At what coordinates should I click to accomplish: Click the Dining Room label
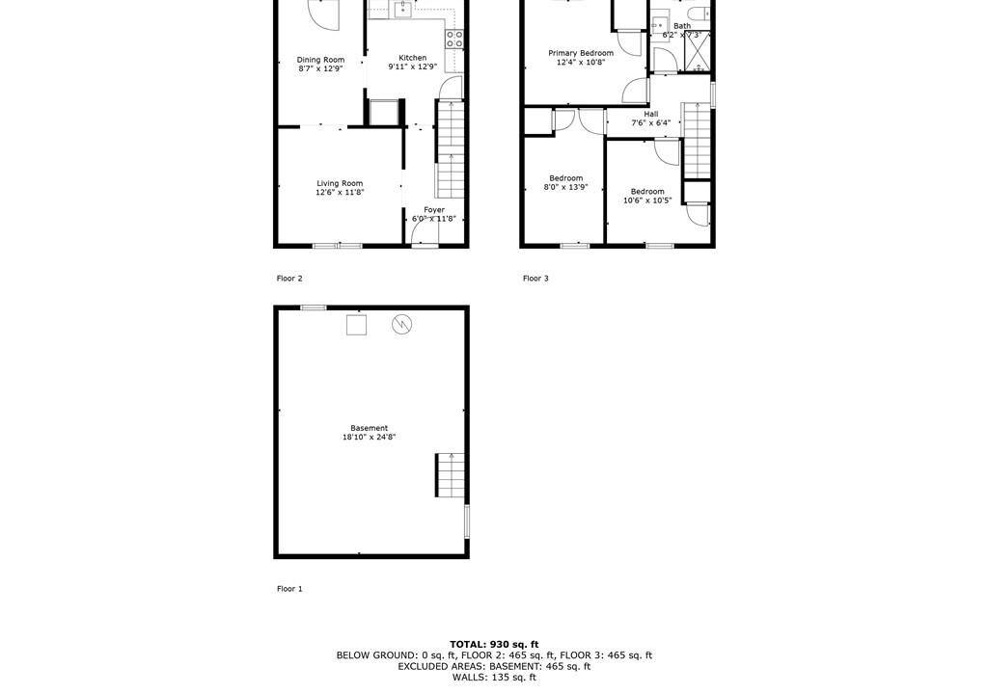pyautogui.click(x=320, y=60)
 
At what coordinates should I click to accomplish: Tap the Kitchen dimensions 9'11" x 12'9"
pyautogui.click(x=413, y=67)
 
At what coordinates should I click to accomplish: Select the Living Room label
pyautogui.click(x=340, y=183)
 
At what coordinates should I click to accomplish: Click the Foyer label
pyautogui.click(x=434, y=210)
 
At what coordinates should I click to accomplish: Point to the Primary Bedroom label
pyautogui.click(x=581, y=54)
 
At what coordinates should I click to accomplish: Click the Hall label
pyautogui.click(x=651, y=114)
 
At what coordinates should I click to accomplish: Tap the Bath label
pyautogui.click(x=682, y=26)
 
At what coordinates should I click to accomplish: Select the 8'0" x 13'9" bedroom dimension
pyautogui.click(x=565, y=187)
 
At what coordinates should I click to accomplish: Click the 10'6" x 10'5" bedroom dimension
pyautogui.click(x=647, y=200)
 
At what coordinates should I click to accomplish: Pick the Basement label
pyautogui.click(x=370, y=428)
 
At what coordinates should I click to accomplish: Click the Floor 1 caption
pyautogui.click(x=289, y=589)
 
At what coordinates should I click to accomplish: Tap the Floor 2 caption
pyautogui.click(x=289, y=279)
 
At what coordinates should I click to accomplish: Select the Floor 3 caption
pyautogui.click(x=535, y=279)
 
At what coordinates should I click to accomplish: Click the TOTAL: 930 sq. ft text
pyautogui.click(x=494, y=644)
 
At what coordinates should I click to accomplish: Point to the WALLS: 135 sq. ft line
pyautogui.click(x=494, y=678)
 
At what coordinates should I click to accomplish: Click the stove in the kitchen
pyautogui.click(x=454, y=40)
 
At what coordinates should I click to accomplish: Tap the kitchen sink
pyautogui.click(x=402, y=9)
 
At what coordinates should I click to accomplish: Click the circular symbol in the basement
pyautogui.click(x=402, y=324)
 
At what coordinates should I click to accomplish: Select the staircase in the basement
pyautogui.click(x=450, y=475)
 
